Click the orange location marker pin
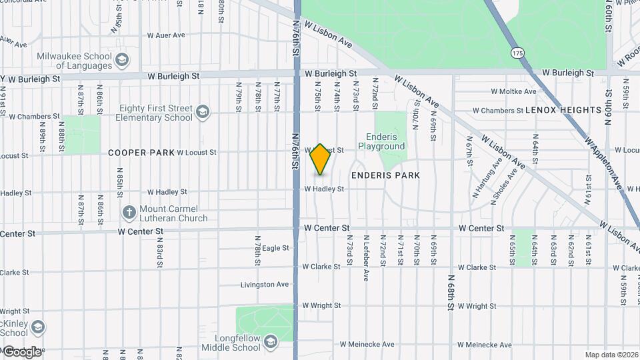point(321,159)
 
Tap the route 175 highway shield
point(518,51)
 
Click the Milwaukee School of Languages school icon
point(122,61)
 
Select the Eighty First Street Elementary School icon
point(203,112)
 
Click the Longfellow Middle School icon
point(270,343)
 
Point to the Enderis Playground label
point(381,141)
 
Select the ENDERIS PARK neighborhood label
point(386,175)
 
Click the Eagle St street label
point(275,248)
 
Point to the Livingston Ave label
point(265,285)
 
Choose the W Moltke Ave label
point(513,91)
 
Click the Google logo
point(23,351)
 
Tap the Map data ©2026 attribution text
point(610,355)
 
